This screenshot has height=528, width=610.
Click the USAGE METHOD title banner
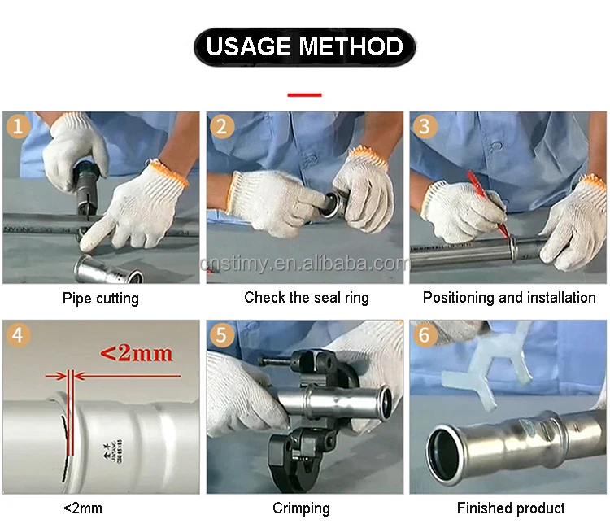(x=304, y=46)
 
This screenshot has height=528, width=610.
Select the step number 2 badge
(x=222, y=127)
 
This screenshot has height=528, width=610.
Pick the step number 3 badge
(x=425, y=127)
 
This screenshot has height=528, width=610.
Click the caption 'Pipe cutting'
(x=101, y=299)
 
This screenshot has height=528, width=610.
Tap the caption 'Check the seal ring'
(x=307, y=298)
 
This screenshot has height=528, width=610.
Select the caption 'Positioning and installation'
(x=509, y=298)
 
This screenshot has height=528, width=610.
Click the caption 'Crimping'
(x=301, y=508)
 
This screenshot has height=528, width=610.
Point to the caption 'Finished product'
(x=511, y=508)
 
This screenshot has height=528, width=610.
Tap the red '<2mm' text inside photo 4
(x=136, y=353)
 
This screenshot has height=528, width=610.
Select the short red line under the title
(x=304, y=94)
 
